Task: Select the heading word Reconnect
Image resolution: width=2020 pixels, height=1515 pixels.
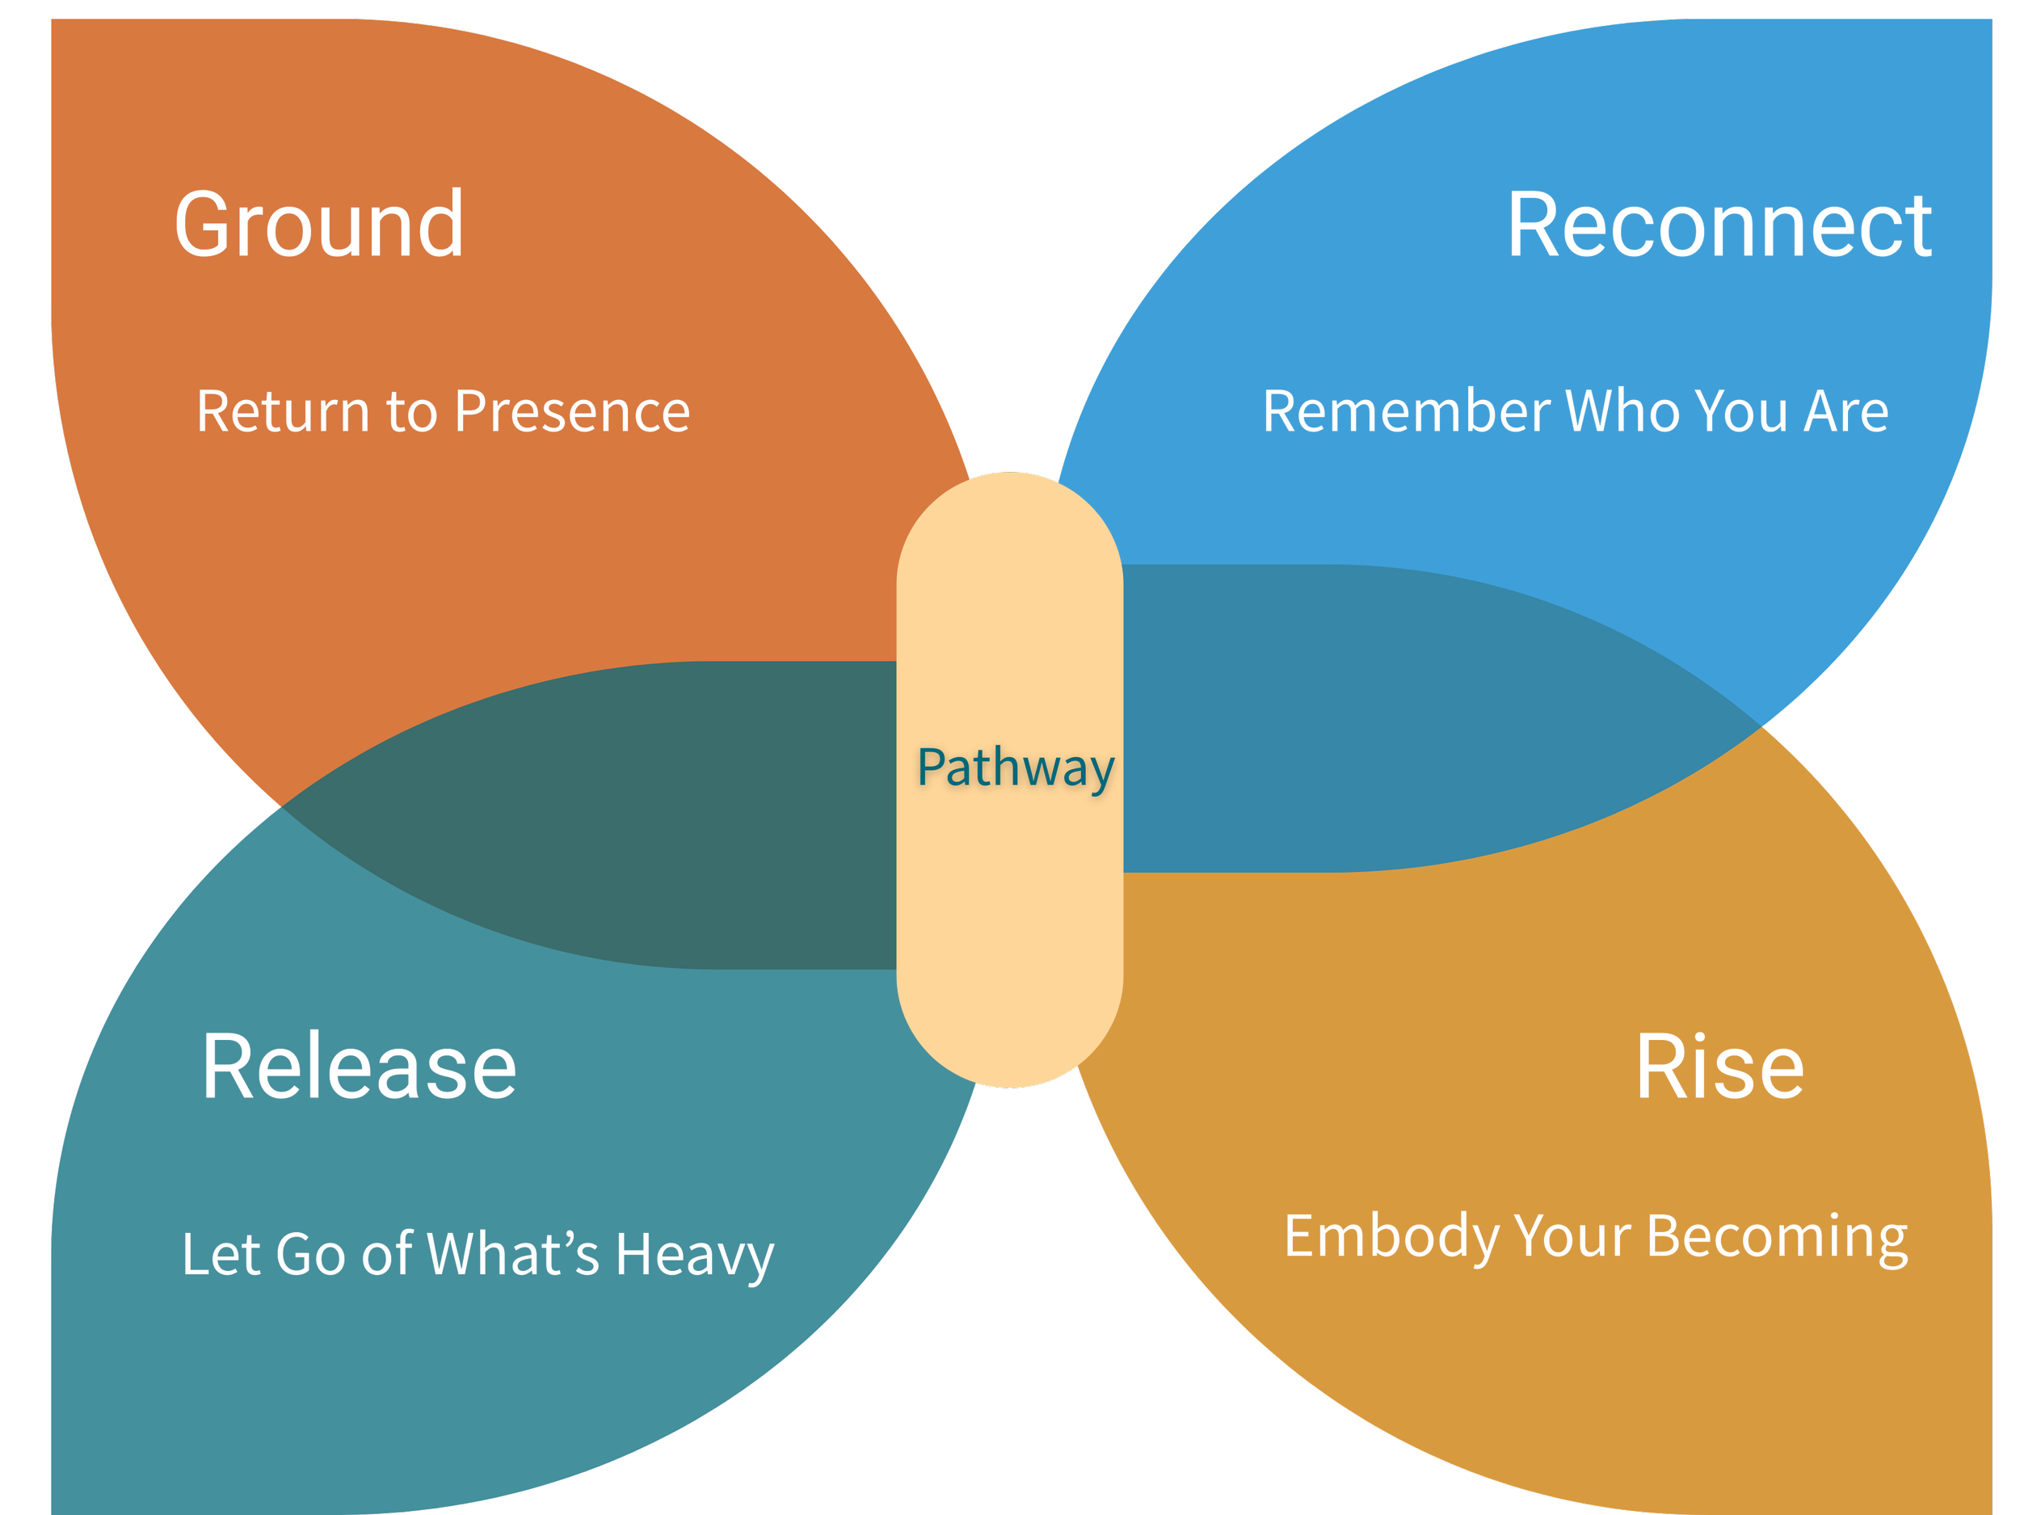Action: click(1719, 225)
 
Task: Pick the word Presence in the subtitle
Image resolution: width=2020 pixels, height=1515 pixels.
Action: click(573, 412)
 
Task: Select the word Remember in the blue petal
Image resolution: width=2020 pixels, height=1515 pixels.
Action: click(1407, 412)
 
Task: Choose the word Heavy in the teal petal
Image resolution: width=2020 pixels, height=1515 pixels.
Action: click(695, 1256)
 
